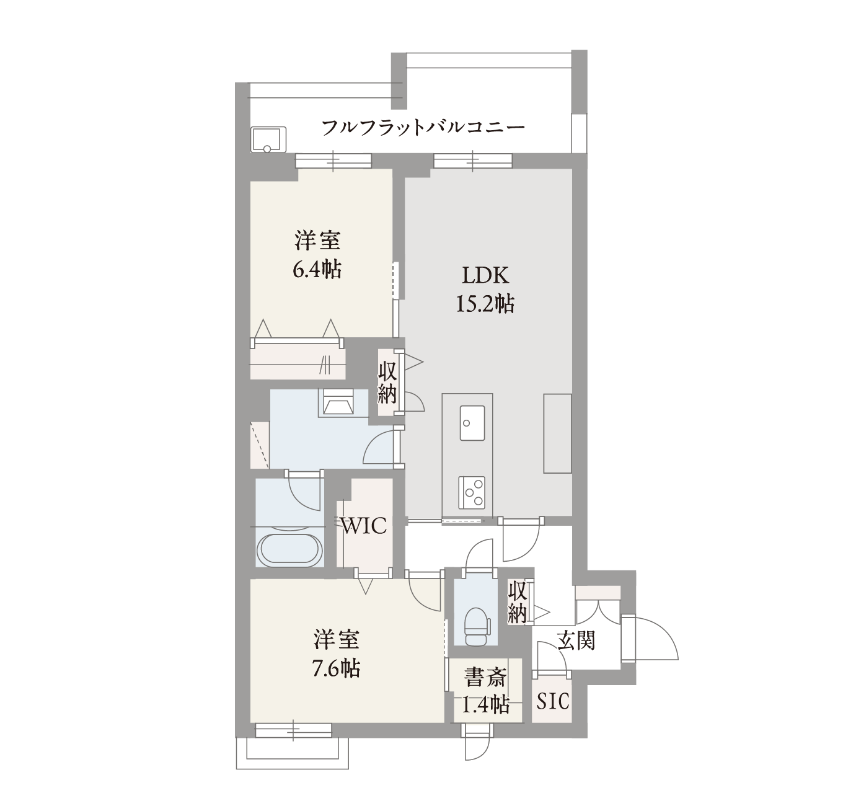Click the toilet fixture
pyautogui.click(x=477, y=626)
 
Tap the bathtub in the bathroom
pyautogui.click(x=290, y=550)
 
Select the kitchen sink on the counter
pyautogui.click(x=472, y=423)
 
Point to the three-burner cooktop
pyautogui.click(x=472, y=493)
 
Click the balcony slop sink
pyautogui.click(x=268, y=139)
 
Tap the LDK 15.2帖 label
pyautogui.click(x=485, y=290)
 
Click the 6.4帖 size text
pyautogui.click(x=317, y=270)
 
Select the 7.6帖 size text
pyautogui.click(x=336, y=668)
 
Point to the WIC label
pyautogui.click(x=363, y=526)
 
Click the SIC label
pyautogui.click(x=553, y=701)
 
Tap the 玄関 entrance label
pyautogui.click(x=576, y=640)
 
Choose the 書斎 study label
pyautogui.click(x=485, y=678)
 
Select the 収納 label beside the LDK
pyautogui.click(x=387, y=383)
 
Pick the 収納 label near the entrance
pyautogui.click(x=517, y=603)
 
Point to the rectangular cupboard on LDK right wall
pyautogui.click(x=557, y=433)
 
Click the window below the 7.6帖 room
pyautogui.click(x=293, y=730)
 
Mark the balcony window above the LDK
pyautogui.click(x=473, y=161)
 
